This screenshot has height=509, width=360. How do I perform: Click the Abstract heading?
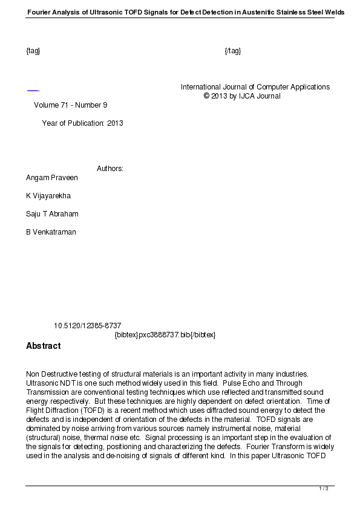pos(43,346)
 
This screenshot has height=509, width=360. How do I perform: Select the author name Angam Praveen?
pos(52,178)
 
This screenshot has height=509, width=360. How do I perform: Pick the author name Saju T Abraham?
pos(52,214)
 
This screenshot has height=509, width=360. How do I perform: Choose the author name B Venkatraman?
pos(51,232)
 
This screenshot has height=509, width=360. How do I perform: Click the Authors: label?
pos(110,169)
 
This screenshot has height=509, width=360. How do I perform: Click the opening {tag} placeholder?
pos(33,51)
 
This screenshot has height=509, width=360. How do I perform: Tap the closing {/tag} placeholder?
pos(232,51)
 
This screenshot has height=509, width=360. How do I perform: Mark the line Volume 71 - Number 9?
pos(70,105)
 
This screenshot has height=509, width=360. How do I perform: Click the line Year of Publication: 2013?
pos(82,123)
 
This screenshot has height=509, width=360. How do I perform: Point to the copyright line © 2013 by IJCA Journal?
pos(242,96)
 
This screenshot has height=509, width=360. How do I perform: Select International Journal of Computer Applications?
pos(255,87)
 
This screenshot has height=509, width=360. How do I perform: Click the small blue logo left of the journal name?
pos(33,91)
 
